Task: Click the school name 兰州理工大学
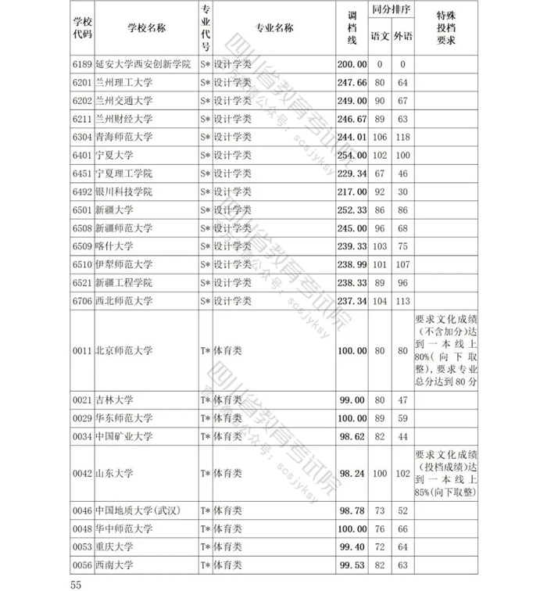(x=124, y=83)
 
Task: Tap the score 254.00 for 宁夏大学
(x=352, y=156)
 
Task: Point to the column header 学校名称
(x=146, y=28)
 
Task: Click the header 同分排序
(x=392, y=13)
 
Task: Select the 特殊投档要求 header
(x=445, y=28)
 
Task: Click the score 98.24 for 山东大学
(x=352, y=473)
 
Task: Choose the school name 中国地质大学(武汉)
(x=138, y=510)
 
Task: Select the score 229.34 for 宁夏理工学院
(x=352, y=174)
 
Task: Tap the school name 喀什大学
(x=114, y=246)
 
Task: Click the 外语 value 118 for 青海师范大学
(x=403, y=138)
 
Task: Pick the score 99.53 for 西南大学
(x=352, y=565)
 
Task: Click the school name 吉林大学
(x=114, y=400)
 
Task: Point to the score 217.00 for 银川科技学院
(x=352, y=192)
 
